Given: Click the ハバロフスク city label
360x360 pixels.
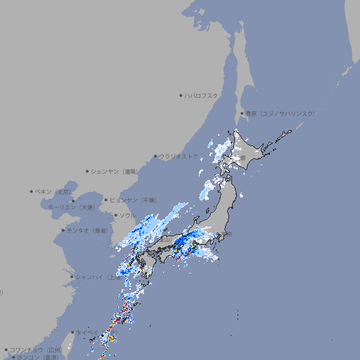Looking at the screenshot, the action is point(201,95).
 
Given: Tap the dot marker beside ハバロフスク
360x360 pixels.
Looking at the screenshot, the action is point(181,95).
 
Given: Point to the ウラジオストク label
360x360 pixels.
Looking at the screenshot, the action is point(180,156).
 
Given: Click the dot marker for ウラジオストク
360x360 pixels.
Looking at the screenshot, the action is point(156,156).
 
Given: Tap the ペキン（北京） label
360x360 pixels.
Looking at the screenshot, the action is point(55,191).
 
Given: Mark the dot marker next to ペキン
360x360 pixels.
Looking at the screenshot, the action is point(32,191).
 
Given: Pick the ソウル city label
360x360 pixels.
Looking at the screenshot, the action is point(127,215).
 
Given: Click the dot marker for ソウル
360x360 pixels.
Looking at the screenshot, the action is point(114,215).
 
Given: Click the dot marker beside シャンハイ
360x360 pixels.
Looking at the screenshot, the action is point(72,277).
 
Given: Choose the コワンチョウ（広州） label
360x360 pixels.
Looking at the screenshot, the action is point(37,349).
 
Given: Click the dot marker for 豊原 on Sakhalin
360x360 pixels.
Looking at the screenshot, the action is point(242,113).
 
